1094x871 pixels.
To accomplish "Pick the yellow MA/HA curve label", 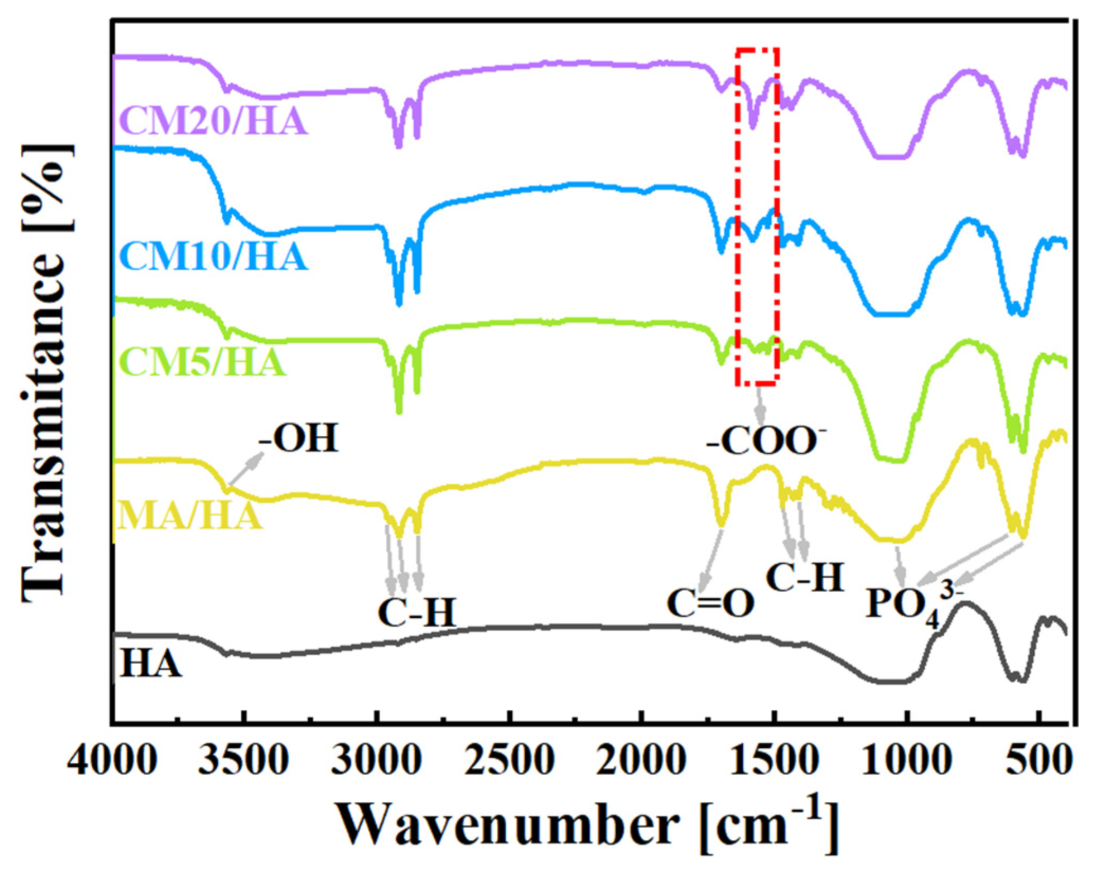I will pos(189,516).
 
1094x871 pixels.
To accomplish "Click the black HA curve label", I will pos(151,664).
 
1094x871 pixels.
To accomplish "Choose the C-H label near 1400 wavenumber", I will pos(804,577).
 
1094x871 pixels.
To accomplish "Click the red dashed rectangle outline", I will pos(737,212).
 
